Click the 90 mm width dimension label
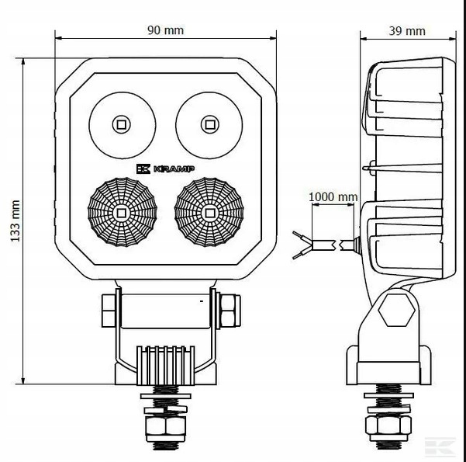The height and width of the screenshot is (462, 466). point(165,30)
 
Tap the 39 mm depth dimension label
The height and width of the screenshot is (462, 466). point(406,30)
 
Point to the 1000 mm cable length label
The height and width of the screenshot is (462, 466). point(333,197)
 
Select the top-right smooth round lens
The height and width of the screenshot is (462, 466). point(209,123)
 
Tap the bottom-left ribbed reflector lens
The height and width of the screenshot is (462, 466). point(122,210)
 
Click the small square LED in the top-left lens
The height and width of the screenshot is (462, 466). point(122,123)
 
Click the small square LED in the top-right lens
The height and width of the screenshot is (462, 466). point(209,123)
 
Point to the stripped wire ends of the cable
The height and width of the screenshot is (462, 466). point(301,244)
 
